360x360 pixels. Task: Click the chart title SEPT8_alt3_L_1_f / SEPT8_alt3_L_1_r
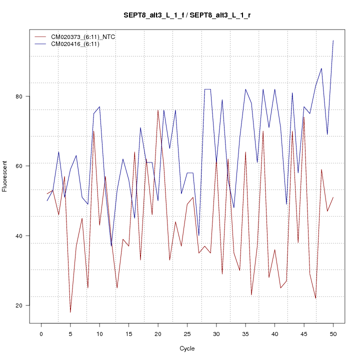[x=187, y=15]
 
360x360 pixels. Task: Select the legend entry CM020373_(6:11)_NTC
[x=79, y=36]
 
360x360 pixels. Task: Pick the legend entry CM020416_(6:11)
[x=72, y=44]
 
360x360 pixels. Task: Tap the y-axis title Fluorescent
[x=5, y=176]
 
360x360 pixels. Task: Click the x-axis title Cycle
[x=187, y=348]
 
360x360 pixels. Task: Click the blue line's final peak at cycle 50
[x=333, y=40]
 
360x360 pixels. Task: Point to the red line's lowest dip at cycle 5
[x=70, y=312]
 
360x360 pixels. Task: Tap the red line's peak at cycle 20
[x=158, y=110]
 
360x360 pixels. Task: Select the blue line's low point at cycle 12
[x=111, y=246]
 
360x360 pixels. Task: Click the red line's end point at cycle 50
[x=333, y=197]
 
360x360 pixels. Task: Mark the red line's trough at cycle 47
[x=315, y=298]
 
